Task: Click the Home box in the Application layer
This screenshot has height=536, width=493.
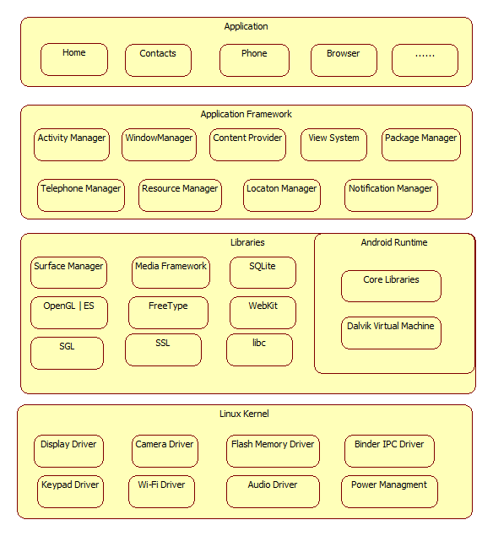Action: tap(74, 59)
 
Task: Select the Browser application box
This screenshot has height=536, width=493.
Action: tap(344, 60)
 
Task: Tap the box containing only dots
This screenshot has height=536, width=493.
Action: tap(425, 60)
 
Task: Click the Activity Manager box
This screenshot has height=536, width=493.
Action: tap(72, 144)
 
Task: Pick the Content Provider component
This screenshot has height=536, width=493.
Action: tap(247, 144)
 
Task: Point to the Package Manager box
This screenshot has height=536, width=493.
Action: tap(421, 144)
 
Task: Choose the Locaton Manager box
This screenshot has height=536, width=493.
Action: tap(282, 195)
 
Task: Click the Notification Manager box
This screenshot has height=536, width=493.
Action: tap(391, 195)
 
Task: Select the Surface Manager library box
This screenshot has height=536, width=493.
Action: tap(68, 273)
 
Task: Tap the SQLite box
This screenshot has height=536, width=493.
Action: tap(263, 273)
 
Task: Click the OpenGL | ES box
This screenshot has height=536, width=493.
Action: tap(69, 313)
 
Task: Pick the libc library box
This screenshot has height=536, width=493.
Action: tap(259, 349)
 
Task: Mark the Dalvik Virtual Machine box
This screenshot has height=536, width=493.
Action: tap(391, 333)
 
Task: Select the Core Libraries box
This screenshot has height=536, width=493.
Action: tap(391, 286)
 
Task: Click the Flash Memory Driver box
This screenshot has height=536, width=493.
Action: tap(273, 451)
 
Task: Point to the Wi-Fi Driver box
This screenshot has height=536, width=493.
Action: tap(162, 491)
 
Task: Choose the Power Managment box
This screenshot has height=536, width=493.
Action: tap(389, 491)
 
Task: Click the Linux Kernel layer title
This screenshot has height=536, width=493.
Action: tap(244, 414)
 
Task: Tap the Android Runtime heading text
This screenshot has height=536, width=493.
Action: tap(394, 242)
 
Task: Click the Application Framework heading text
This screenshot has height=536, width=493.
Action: tap(246, 114)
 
